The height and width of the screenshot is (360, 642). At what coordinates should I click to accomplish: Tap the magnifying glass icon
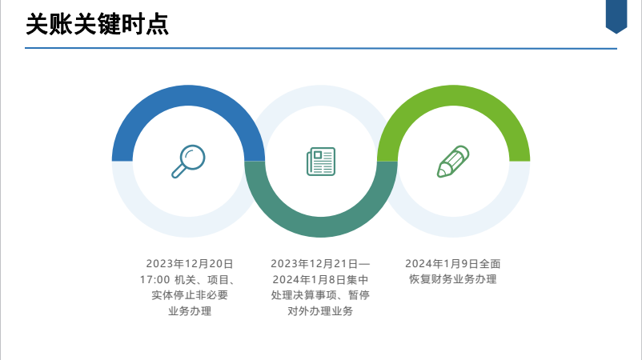(x=188, y=161)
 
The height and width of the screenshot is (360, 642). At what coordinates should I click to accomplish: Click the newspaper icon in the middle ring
(x=320, y=161)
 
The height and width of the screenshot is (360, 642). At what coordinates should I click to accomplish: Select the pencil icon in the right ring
(x=453, y=161)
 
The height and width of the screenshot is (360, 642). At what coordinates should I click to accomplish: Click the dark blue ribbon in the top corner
(x=616, y=15)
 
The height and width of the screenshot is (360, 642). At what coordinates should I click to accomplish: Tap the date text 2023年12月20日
(x=190, y=263)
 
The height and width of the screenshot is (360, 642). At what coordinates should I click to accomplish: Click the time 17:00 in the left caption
(x=154, y=279)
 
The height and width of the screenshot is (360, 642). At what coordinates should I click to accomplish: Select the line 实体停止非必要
(x=190, y=295)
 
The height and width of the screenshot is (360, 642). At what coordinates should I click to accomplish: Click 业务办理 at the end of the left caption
(x=190, y=311)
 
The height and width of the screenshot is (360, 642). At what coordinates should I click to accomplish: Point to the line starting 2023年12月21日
(x=320, y=263)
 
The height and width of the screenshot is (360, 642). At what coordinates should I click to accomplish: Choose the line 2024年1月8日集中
(x=320, y=279)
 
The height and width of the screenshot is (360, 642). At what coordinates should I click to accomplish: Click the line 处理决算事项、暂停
(x=320, y=295)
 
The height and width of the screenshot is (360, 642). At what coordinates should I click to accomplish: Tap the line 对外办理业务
(x=320, y=311)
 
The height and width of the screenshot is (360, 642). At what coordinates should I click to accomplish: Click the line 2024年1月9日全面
(x=453, y=263)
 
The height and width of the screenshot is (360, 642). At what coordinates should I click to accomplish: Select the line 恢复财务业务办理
(x=453, y=279)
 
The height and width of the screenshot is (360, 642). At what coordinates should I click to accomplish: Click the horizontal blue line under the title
(x=320, y=49)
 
